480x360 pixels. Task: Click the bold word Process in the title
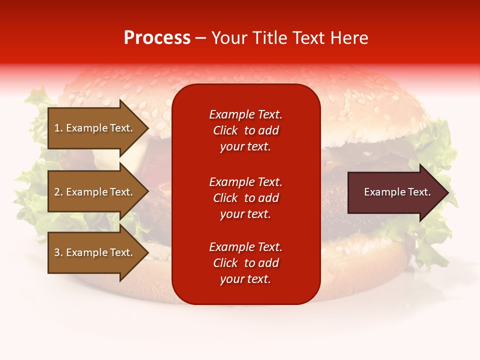point(157,38)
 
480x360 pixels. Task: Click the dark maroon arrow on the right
point(395,192)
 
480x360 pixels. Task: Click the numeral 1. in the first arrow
point(58,128)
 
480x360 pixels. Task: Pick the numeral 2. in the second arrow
point(58,192)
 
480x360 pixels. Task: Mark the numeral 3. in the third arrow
point(58,252)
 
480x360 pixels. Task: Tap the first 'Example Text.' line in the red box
point(245,114)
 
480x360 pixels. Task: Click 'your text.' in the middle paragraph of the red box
point(245,214)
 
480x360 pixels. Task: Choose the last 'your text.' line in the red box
point(245,279)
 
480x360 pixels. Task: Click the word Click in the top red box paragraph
point(225,130)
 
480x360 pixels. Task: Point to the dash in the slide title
point(200,38)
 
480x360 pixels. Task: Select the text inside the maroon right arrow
point(397,192)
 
